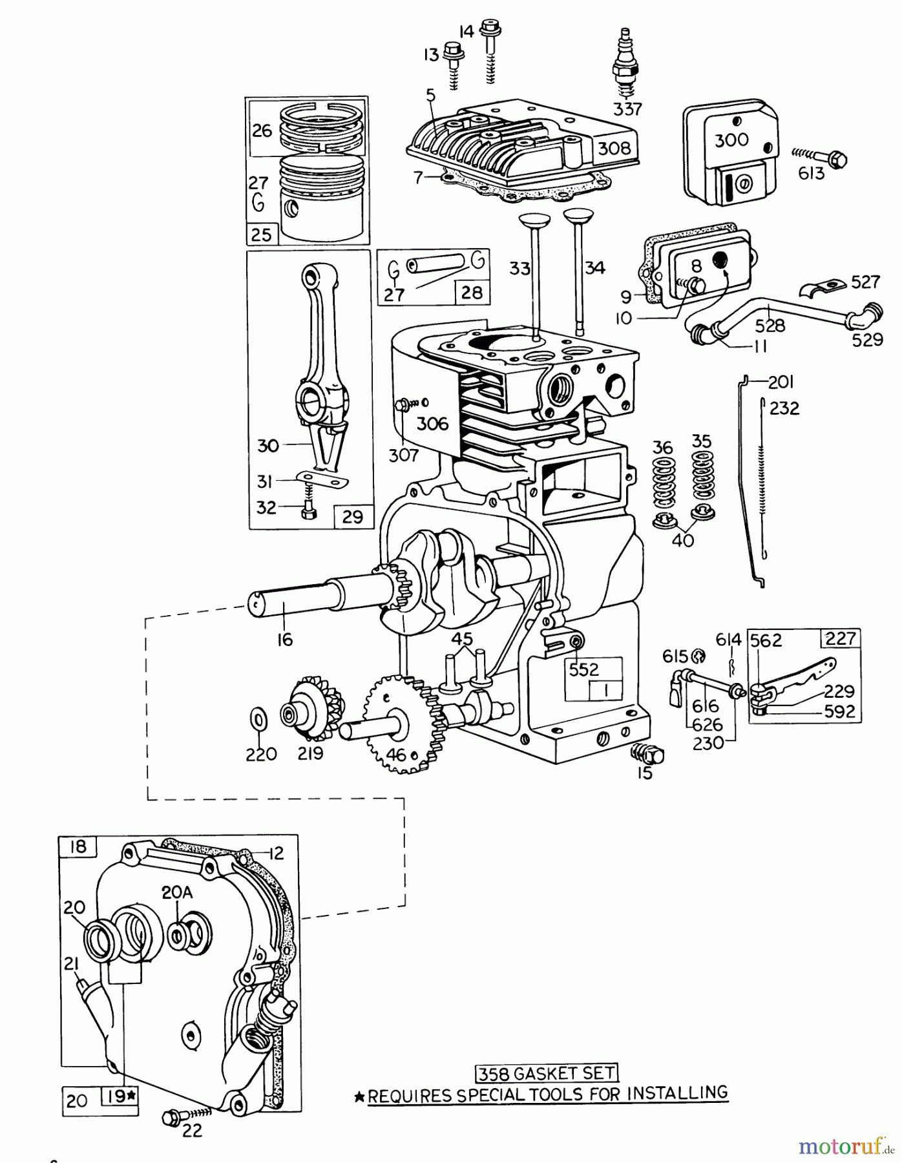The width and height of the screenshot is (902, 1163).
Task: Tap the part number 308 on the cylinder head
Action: coord(614,148)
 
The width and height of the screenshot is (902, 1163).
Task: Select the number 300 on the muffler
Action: coord(731,140)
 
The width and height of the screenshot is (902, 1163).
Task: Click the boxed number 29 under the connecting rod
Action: coord(352,517)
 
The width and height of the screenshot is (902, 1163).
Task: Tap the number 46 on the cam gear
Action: coord(395,754)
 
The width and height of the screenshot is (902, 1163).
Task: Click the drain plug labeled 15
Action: coord(649,753)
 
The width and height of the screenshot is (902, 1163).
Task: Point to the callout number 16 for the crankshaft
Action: coord(285,639)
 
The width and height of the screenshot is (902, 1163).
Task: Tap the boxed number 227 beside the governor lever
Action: coord(841,638)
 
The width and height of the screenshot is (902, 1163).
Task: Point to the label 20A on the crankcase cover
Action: coord(176,892)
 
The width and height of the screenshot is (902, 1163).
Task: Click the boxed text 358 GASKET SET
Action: coord(547,1073)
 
